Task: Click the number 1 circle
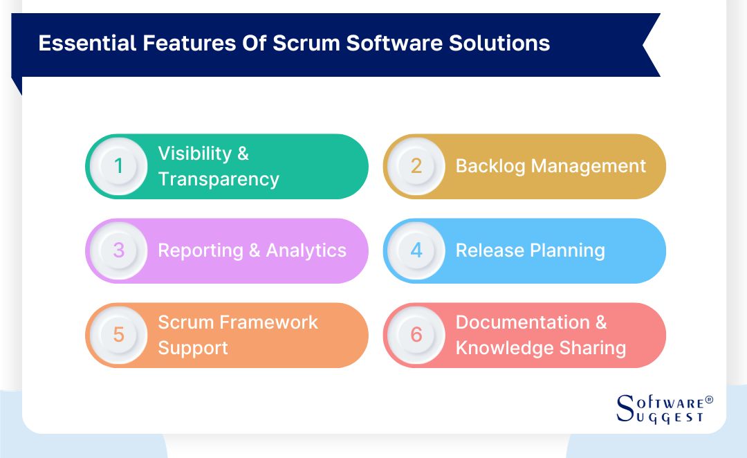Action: point(118,167)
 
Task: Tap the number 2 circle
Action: point(416,167)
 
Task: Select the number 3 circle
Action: point(118,250)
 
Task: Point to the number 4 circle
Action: point(416,250)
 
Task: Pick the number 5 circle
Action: point(118,335)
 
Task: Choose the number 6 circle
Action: point(416,335)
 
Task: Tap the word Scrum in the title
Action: point(306,43)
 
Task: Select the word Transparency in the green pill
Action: point(219,179)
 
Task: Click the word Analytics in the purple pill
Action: point(306,250)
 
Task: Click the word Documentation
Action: point(523,322)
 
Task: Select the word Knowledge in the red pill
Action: point(500,347)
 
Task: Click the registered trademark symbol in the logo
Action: point(708,401)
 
